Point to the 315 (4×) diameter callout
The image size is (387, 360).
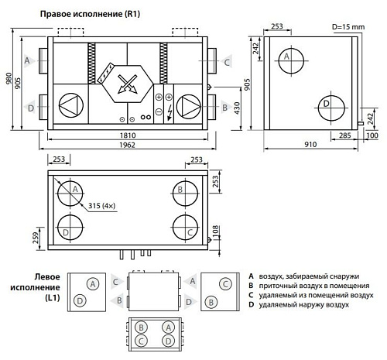(103, 204)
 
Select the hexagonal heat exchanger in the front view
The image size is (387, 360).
(125, 84)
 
